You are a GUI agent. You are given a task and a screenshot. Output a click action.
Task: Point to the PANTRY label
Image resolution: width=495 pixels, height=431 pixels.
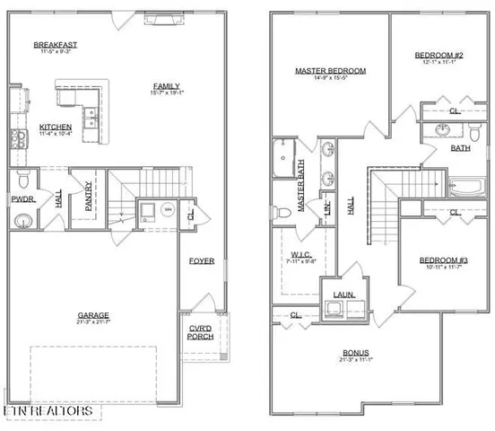(x=89, y=199)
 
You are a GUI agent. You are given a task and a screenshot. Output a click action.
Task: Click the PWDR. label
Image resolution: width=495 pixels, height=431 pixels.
(x=22, y=199)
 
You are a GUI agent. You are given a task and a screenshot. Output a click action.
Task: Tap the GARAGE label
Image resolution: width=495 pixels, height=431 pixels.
(x=92, y=315)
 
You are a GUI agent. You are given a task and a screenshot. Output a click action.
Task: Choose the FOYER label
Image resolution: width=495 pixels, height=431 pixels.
(x=202, y=261)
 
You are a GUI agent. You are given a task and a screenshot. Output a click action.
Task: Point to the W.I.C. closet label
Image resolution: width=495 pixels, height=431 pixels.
(x=301, y=254)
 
